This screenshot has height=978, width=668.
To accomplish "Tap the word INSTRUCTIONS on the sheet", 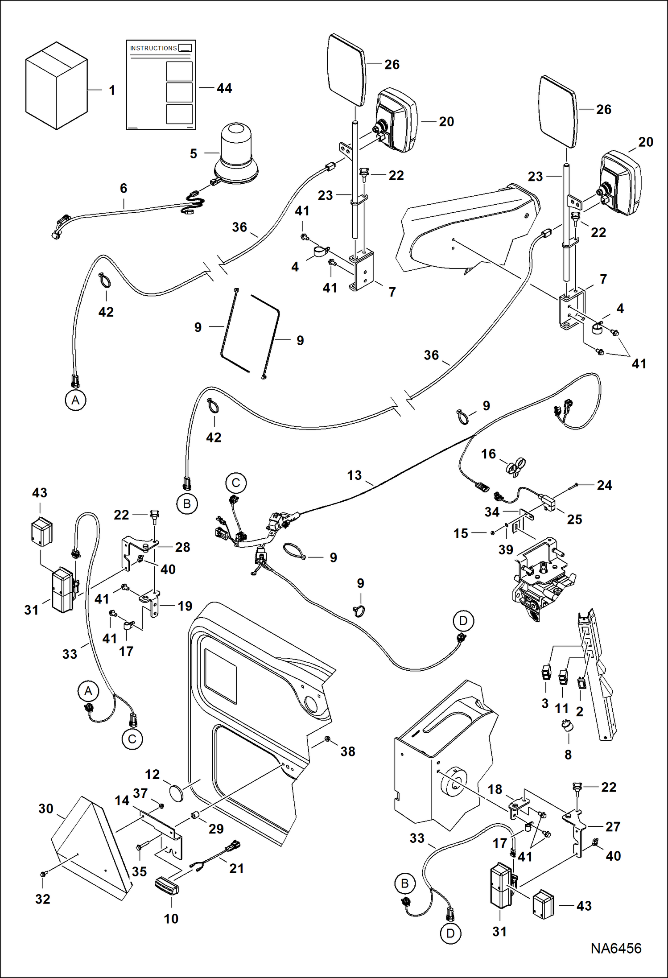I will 153,48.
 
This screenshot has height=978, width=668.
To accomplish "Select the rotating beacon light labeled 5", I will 235,156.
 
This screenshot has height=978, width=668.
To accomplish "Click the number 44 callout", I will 224,88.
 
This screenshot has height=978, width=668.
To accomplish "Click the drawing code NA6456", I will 616,949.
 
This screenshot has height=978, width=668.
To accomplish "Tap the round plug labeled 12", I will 177,795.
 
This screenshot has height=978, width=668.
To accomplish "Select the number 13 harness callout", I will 355,475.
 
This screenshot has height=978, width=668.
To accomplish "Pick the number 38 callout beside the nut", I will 348,751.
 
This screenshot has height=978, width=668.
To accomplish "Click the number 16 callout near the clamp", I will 488,454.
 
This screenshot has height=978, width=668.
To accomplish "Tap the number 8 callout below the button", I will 568,755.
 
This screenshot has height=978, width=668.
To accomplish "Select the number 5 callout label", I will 194,154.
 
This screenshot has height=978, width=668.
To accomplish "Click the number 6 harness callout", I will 124,188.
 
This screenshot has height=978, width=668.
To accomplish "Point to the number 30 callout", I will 46,809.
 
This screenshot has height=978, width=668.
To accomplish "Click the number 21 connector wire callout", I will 236,868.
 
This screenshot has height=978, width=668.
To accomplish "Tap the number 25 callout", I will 574,519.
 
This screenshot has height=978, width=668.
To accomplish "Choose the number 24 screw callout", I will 604,485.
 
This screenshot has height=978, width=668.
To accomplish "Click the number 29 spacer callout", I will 216,829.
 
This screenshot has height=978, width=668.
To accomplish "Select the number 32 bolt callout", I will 43,899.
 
